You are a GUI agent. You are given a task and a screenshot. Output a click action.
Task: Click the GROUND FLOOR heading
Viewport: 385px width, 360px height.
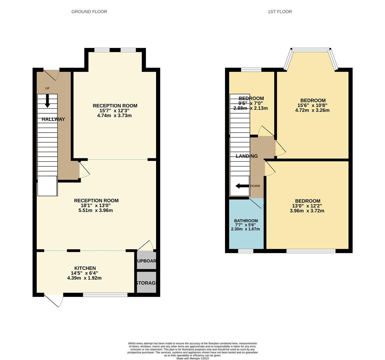pos(89,12)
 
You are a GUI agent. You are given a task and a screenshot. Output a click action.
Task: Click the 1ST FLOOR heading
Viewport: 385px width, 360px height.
pos(280,12)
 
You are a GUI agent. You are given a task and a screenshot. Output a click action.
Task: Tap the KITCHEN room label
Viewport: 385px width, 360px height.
pos(85,268)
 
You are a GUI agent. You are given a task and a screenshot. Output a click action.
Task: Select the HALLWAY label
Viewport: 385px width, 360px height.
pos(53,119)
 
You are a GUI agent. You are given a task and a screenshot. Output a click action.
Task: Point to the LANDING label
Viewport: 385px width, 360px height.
pos(247,156)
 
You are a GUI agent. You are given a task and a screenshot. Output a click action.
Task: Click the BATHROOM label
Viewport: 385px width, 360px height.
pos(246,221)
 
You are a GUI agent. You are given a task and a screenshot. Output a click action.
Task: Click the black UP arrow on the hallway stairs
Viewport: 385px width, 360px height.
pos(47,101)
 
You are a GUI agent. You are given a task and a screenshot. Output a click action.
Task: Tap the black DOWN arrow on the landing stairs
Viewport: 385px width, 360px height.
pos(242,186)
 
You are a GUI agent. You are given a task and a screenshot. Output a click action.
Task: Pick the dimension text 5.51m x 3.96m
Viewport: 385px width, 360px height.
pos(96,210)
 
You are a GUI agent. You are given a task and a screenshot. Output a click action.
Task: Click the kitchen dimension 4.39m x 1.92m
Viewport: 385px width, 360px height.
pos(84,278)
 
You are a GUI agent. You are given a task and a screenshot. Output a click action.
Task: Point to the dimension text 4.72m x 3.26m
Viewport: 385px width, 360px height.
pos(312,110)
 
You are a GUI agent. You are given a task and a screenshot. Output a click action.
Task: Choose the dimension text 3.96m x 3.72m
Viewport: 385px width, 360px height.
pos(307,211)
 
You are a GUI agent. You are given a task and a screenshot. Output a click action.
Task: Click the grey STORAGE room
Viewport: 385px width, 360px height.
pos(146,283)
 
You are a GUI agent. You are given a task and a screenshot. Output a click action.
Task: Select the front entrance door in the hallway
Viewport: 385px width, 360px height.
pos(51,74)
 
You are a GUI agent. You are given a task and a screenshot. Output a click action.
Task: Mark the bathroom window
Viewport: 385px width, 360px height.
pos(246,251)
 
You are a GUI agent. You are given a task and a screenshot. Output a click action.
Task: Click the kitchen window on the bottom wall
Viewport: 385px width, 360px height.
pos(105,295)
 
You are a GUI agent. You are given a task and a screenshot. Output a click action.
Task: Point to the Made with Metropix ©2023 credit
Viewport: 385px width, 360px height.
pos(193,359)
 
